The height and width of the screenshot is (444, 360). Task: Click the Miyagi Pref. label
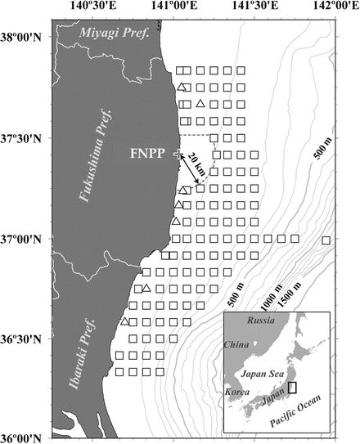116,33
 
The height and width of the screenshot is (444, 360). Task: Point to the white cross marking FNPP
176,154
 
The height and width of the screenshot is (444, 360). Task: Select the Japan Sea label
261,374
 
